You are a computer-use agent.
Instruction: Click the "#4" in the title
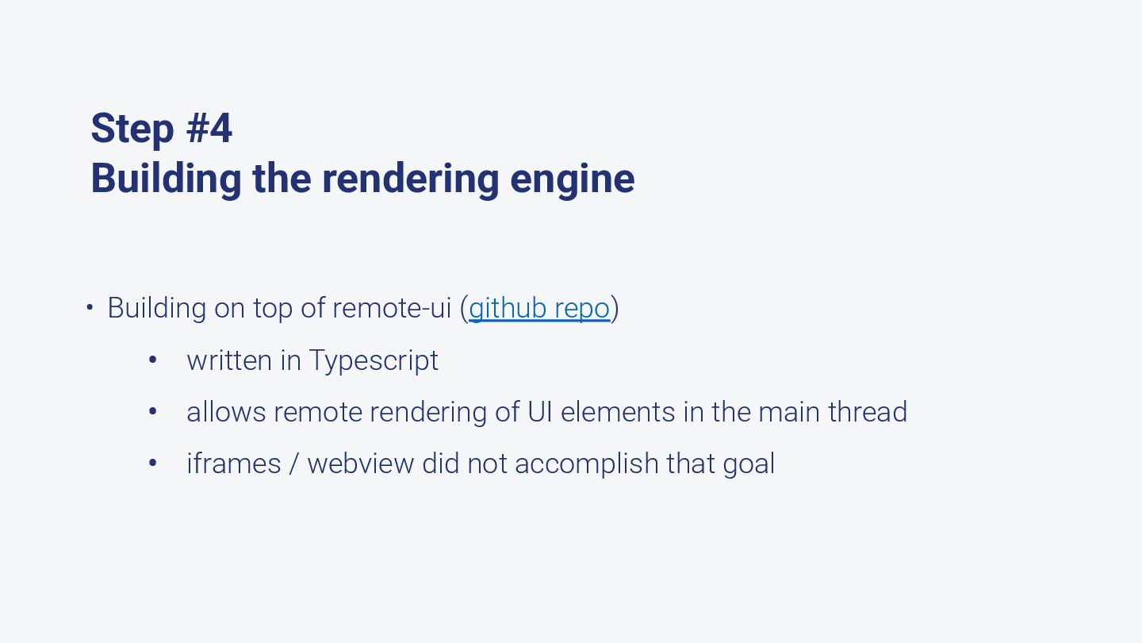click(209, 129)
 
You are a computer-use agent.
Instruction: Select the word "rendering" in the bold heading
click(410, 179)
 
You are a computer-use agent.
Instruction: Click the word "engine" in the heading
click(572, 179)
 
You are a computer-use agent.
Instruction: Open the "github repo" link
click(539, 308)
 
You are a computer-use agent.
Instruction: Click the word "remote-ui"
click(392, 308)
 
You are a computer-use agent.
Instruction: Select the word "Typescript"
click(374, 360)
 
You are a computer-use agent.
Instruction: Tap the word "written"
click(229, 360)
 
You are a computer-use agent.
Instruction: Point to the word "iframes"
click(234, 464)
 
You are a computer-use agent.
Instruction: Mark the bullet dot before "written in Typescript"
click(153, 360)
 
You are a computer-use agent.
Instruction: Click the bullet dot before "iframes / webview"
click(153, 464)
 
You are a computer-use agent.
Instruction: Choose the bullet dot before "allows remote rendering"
click(153, 412)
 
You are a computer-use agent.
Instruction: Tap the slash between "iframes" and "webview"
click(293, 464)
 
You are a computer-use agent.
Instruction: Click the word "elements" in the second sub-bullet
click(618, 412)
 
